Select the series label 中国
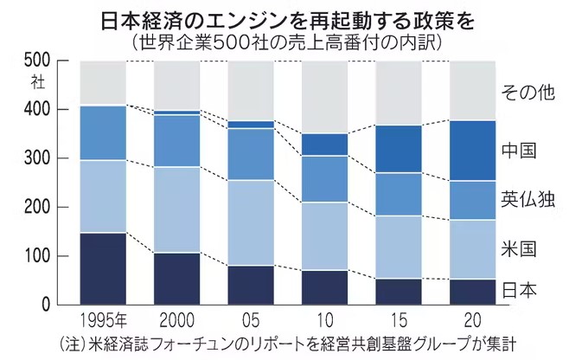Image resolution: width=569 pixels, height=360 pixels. coord(520,151)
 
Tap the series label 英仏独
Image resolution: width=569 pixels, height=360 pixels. coord(527,200)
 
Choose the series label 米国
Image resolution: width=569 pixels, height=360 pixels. coord(520,250)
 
